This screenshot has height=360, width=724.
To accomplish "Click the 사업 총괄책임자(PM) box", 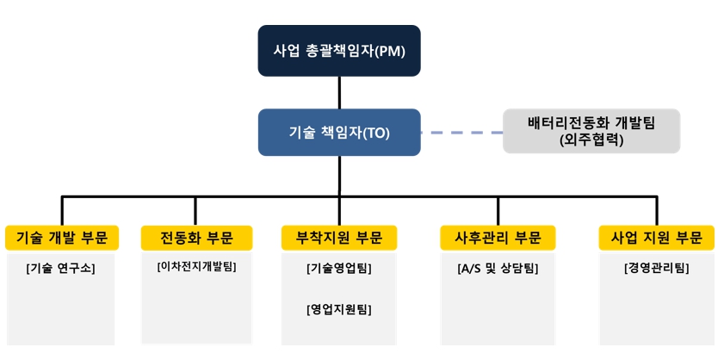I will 339,51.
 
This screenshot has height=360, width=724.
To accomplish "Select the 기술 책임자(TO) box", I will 339,132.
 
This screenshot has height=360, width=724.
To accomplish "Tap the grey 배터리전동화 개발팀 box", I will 591,131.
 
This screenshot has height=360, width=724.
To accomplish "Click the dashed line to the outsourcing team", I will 461,133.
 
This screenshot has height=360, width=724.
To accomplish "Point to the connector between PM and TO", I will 339,92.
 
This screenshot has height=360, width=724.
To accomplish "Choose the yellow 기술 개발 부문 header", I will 62,238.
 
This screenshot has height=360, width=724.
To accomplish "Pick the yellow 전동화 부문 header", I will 195,238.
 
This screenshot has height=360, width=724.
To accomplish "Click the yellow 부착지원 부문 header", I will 339,238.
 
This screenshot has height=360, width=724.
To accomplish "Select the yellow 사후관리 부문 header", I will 498,238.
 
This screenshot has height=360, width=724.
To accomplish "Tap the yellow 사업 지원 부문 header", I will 657,238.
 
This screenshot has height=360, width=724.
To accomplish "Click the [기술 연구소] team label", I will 61,268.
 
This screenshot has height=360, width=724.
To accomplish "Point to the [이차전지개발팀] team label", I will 195,266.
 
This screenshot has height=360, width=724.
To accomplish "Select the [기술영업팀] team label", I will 339,268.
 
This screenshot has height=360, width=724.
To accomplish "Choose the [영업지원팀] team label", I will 339,308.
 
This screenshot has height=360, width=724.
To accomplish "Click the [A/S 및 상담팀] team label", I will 498,268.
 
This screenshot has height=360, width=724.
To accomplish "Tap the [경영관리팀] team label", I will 657,268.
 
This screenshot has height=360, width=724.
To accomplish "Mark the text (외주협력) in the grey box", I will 591,140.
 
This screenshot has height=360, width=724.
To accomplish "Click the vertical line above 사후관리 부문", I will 498,211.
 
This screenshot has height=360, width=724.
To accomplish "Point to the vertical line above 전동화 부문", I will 195,211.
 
